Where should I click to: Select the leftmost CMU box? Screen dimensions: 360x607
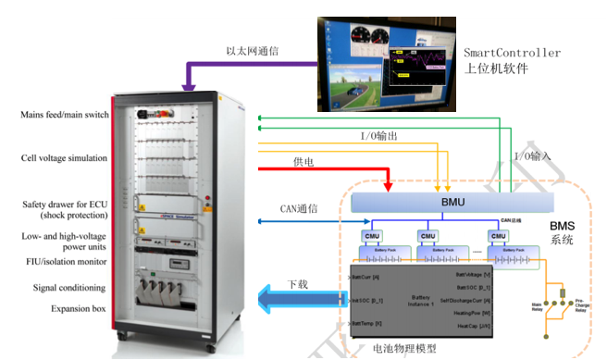pyautogui.click(x=370, y=236)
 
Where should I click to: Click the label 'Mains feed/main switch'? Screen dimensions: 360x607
pyautogui.click(x=65, y=115)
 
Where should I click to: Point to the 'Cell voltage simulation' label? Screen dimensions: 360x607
pyautogui.click(x=65, y=158)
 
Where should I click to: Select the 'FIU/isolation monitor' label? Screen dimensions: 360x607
pyautogui.click(x=65, y=261)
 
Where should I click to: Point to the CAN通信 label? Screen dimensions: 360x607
pyautogui.click(x=298, y=209)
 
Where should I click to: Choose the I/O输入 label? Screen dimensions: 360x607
pyautogui.click(x=531, y=156)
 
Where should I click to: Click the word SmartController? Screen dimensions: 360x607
pyautogui.click(x=512, y=53)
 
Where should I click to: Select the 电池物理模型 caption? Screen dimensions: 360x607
pyautogui.click(x=409, y=350)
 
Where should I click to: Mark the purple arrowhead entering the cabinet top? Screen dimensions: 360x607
pyautogui.click(x=189, y=86)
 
